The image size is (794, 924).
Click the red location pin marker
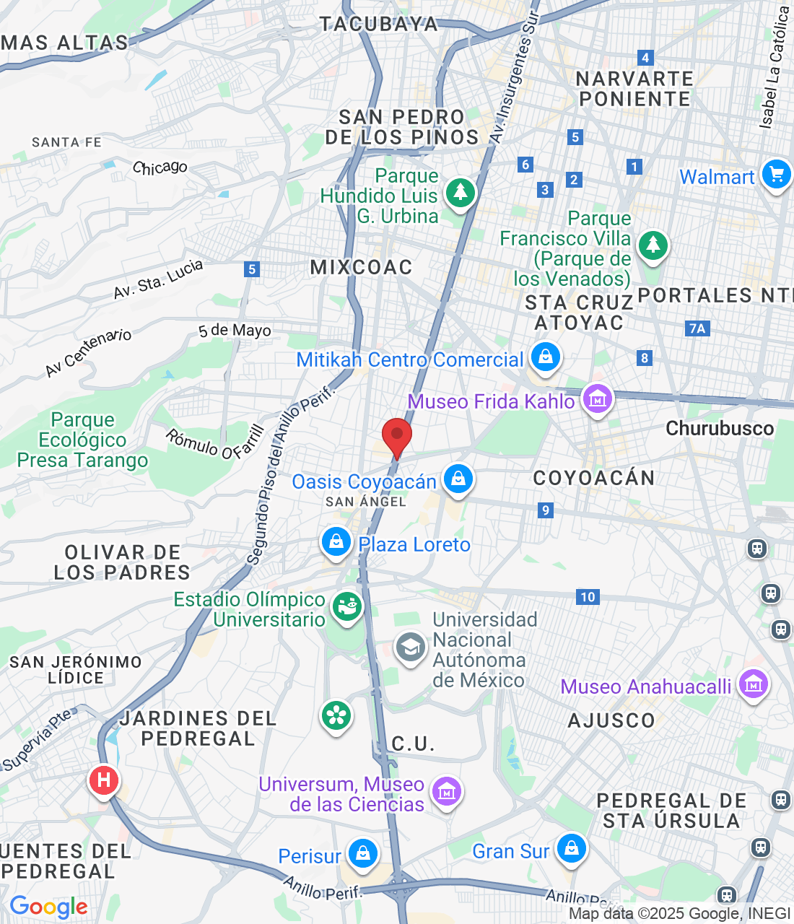pyautogui.click(x=396, y=437)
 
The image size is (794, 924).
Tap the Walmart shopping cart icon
pyautogui.click(x=777, y=175)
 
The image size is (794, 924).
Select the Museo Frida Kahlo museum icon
pyautogui.click(x=598, y=398)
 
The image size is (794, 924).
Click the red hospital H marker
pyautogui.click(x=104, y=780)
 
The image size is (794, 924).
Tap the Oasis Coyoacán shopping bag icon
pyautogui.click(x=458, y=479)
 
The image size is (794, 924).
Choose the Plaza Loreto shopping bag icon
pyautogui.click(x=336, y=541)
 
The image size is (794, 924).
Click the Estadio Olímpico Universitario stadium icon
pyautogui.click(x=347, y=606)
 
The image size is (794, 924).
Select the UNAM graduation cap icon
pyautogui.click(x=411, y=648)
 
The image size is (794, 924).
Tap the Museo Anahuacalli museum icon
pyautogui.click(x=754, y=684)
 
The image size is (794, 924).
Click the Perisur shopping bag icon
pyautogui.click(x=362, y=853)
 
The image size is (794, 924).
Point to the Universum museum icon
pyautogui.click(x=447, y=791)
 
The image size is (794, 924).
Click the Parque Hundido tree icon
pyautogui.click(x=460, y=193)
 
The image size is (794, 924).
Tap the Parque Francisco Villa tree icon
pyautogui.click(x=653, y=245)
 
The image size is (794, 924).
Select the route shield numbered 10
pyautogui.click(x=588, y=597)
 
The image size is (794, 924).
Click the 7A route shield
pyautogui.click(x=697, y=328)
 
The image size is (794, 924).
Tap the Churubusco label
pyautogui.click(x=719, y=428)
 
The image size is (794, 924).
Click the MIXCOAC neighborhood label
pyautogui.click(x=361, y=267)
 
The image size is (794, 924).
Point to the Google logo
pyautogui.click(x=48, y=907)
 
